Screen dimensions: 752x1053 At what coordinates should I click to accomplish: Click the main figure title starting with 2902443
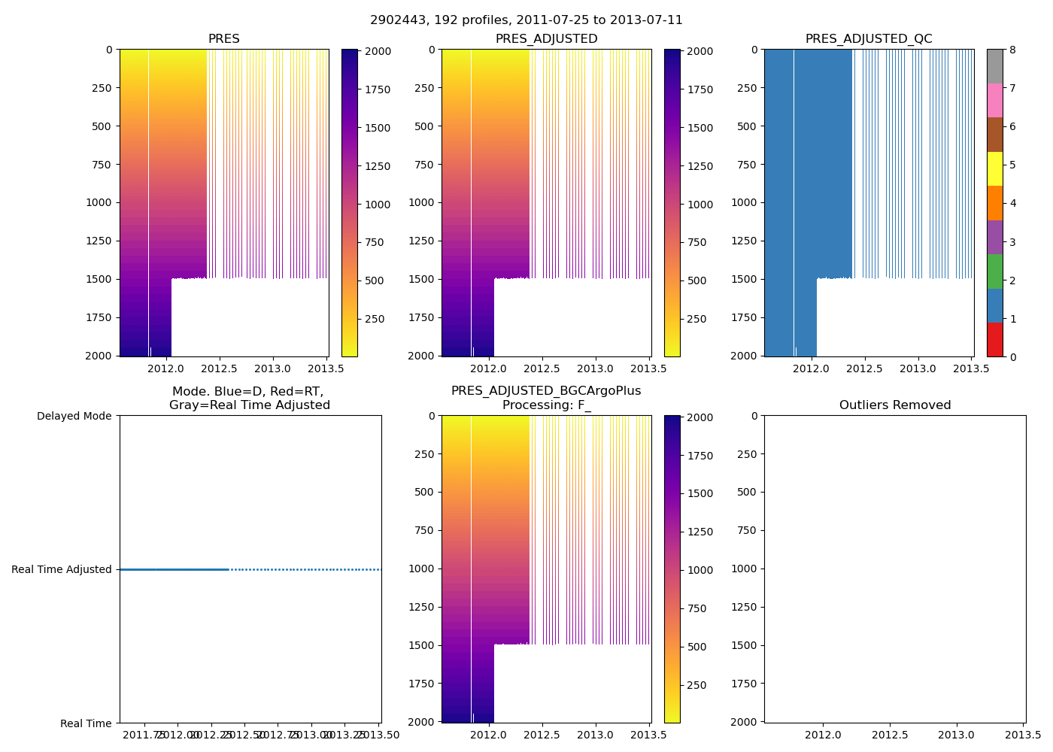(526, 20)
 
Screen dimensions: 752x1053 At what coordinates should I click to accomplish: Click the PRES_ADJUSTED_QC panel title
(869, 39)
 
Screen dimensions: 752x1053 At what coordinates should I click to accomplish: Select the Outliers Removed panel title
(895, 405)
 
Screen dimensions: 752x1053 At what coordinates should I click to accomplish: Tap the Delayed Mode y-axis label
(74, 416)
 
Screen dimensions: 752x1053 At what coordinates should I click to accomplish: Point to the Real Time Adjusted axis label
(62, 570)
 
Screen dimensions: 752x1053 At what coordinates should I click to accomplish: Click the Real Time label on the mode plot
(86, 723)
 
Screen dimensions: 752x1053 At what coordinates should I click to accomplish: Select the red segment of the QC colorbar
(994, 339)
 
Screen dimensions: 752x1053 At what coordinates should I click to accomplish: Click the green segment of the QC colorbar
(994, 271)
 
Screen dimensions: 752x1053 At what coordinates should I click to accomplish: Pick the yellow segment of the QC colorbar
(994, 169)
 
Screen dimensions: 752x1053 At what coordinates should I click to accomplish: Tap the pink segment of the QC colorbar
(994, 101)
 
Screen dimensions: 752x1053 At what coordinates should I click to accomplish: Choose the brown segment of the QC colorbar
(994, 135)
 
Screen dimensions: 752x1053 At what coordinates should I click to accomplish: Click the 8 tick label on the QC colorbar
(1012, 50)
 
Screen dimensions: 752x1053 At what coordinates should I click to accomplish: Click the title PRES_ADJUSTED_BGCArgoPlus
(546, 391)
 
